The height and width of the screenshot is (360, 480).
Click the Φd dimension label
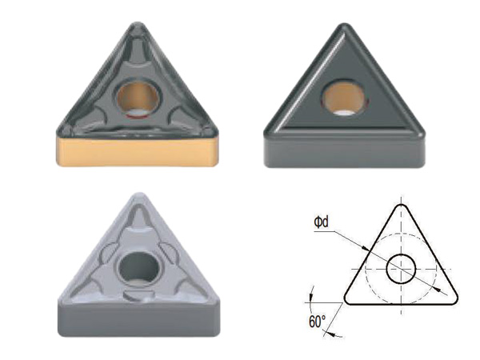[321, 222]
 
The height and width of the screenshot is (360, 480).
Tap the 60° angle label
[317, 322]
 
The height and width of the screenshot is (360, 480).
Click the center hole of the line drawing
[401, 269]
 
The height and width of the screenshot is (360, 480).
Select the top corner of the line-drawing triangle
[402, 205]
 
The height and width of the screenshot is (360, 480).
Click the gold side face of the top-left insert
[138, 151]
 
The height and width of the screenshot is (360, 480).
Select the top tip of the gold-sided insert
[138, 23]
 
